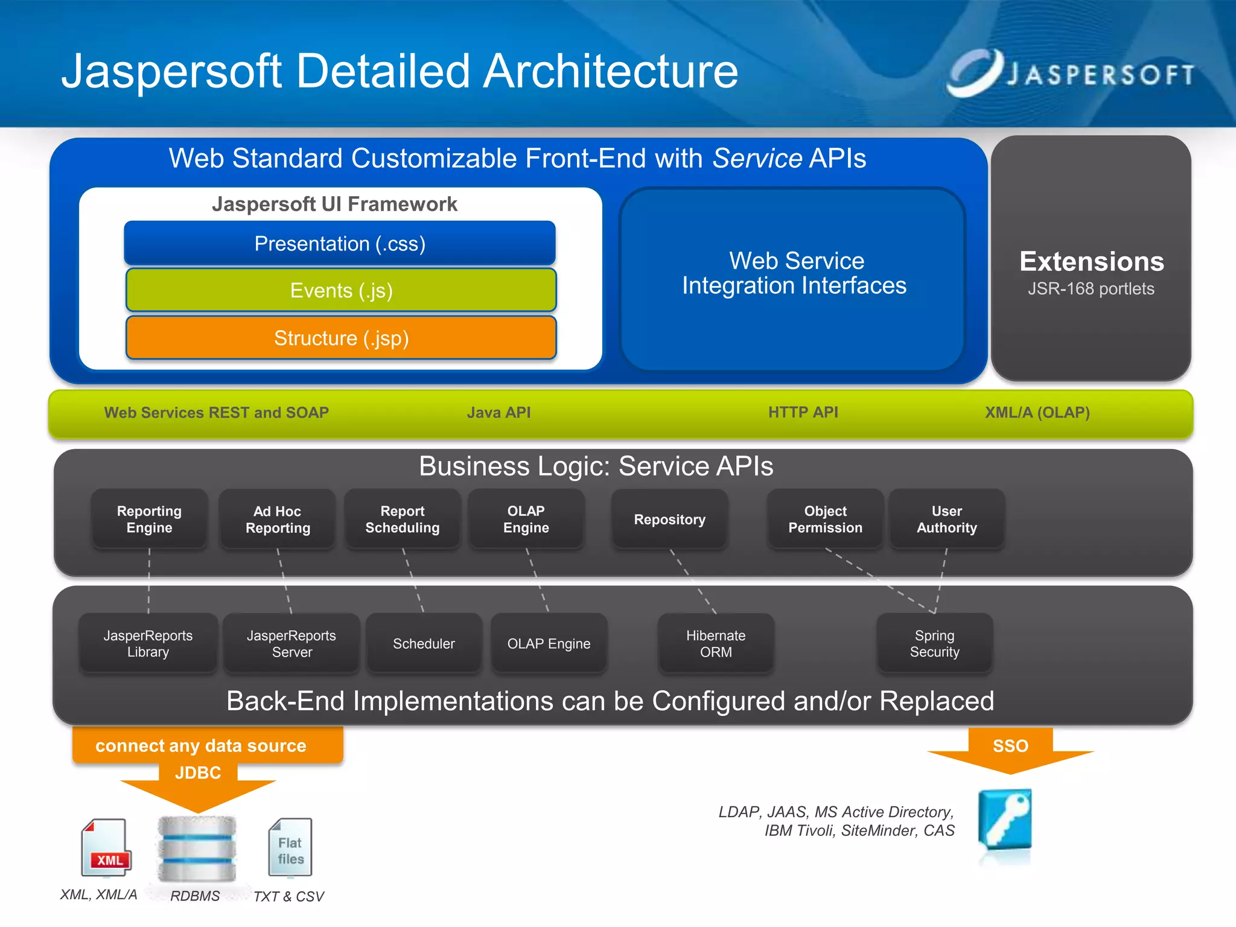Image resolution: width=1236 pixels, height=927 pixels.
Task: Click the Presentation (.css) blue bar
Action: pyautogui.click(x=340, y=243)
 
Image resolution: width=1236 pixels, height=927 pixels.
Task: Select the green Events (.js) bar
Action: pyautogui.click(x=341, y=290)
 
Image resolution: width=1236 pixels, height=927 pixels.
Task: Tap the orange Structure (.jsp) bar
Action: pyautogui.click(x=341, y=338)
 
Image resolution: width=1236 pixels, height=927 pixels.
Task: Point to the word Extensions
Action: pyautogui.click(x=1091, y=261)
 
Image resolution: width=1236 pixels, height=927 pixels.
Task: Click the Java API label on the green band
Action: pyautogui.click(x=499, y=413)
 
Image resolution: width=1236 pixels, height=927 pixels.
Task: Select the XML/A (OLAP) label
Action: pyautogui.click(x=1037, y=413)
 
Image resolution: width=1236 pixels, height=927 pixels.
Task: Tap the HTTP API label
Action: pyautogui.click(x=803, y=413)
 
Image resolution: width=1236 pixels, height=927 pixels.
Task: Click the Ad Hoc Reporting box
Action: pyautogui.click(x=278, y=520)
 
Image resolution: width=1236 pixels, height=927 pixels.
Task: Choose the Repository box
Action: pyautogui.click(x=669, y=520)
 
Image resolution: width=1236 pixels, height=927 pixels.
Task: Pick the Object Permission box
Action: pyautogui.click(x=825, y=520)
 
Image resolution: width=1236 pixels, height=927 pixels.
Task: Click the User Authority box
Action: pyautogui.click(x=946, y=520)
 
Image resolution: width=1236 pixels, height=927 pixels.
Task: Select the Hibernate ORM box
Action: pyautogui.click(x=716, y=644)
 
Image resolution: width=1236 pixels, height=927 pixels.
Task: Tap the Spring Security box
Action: pyautogui.click(x=934, y=644)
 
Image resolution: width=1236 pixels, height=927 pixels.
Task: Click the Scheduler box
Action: pyautogui.click(x=424, y=644)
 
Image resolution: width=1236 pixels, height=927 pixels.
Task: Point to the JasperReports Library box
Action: pyautogui.click(x=148, y=644)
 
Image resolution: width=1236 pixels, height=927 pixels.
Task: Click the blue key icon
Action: pyautogui.click(x=1005, y=819)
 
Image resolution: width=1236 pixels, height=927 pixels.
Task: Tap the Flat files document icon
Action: pyautogui.click(x=290, y=848)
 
